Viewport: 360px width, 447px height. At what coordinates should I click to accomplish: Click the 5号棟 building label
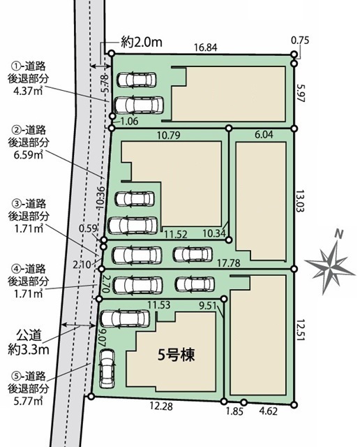177,356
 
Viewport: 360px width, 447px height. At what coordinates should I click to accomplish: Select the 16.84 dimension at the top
206,47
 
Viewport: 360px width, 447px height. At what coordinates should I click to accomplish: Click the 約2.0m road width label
142,43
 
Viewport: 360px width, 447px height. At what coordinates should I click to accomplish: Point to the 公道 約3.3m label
29,342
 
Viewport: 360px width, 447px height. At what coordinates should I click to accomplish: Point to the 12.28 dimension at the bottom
161,406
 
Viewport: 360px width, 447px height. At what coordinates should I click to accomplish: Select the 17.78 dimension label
228,263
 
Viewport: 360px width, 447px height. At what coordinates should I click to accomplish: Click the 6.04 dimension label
264,135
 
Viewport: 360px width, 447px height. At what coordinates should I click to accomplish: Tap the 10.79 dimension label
169,135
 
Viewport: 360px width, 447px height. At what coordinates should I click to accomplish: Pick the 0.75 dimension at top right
300,41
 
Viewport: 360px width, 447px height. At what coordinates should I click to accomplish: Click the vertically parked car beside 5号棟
107,369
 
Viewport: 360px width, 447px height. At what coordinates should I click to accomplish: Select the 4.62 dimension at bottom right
268,411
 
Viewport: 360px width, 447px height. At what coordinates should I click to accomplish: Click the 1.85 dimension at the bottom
234,411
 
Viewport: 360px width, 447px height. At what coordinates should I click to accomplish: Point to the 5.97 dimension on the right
300,93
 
